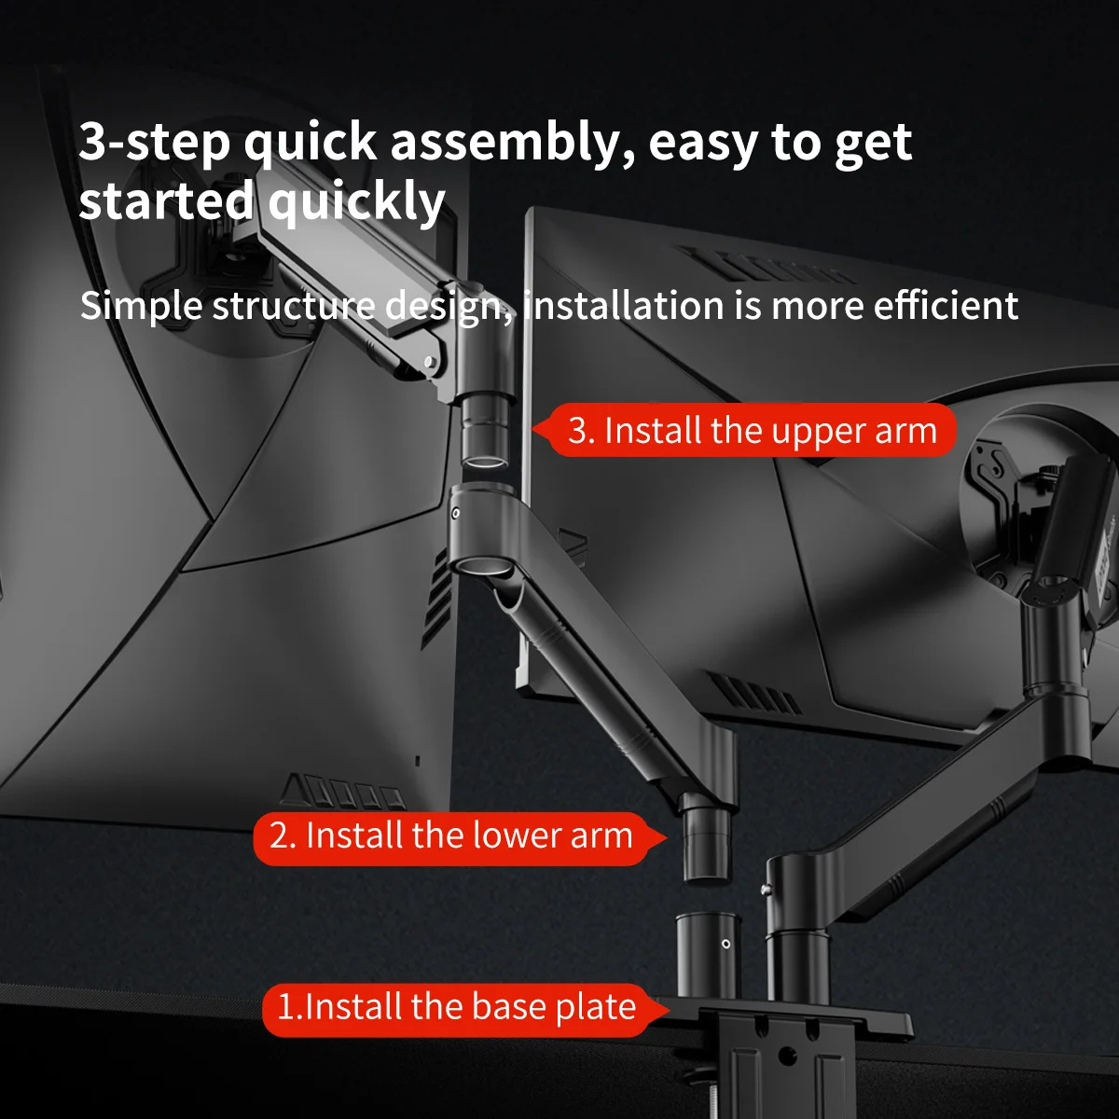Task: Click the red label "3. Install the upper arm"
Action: point(752,431)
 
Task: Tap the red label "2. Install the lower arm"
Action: point(450,836)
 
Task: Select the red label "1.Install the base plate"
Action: point(456,1008)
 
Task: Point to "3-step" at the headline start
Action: point(153,143)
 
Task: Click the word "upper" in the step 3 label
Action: point(819,432)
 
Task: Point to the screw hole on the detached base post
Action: point(726,944)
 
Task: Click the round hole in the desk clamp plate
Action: point(787,1057)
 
